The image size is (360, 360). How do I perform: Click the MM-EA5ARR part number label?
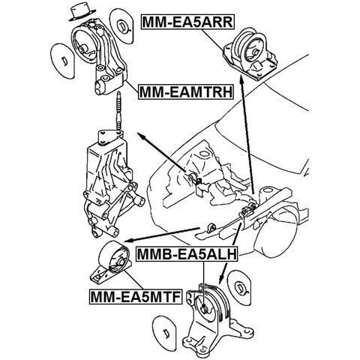coord(188,22)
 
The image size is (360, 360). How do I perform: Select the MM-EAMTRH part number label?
coord(186,91)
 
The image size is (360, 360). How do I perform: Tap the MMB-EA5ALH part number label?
coord(187,254)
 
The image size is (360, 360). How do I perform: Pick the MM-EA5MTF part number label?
coord(136,297)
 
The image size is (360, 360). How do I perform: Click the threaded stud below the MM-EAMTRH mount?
coord(119,110)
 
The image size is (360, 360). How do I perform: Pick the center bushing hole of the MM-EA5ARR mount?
coord(255,52)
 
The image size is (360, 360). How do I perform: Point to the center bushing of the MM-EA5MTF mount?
coord(121,262)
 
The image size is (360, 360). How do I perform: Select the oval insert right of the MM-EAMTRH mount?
coord(122,26)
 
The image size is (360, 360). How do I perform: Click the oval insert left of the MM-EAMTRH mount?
coord(62,61)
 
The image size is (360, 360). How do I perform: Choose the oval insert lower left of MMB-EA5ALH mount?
coord(164,333)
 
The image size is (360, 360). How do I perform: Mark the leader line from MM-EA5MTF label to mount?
coord(133,280)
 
